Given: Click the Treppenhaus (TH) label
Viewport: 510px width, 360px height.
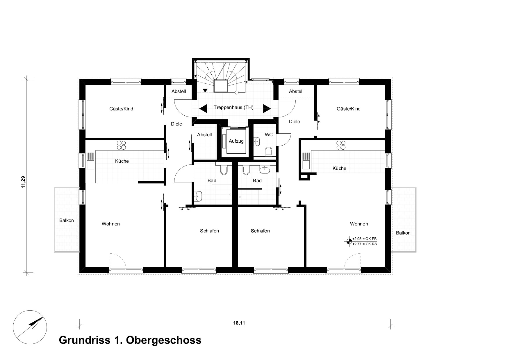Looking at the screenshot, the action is tap(233, 108).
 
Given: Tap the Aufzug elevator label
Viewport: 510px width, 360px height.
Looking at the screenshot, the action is tap(236, 141).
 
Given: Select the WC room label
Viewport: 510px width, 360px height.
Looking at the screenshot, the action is tap(269, 135).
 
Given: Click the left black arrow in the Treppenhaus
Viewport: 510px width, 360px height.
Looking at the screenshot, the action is tap(203, 109).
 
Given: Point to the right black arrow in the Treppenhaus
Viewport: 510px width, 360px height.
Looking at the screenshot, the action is tap(267, 109).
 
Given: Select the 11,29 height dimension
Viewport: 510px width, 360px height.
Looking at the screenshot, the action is tap(23, 182).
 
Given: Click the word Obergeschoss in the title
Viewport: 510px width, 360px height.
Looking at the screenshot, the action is tap(163, 340).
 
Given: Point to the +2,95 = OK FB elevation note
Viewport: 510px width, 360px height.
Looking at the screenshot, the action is tap(364, 239).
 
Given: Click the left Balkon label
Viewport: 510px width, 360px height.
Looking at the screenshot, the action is tap(67, 221).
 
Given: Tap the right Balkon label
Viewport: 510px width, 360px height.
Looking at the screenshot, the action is tap(403, 233).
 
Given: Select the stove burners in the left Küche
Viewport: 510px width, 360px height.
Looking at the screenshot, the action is tap(121, 145).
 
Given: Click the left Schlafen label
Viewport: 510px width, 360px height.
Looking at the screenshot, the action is tap(209, 231).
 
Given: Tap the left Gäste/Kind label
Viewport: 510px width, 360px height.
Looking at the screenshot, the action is tap(121, 109).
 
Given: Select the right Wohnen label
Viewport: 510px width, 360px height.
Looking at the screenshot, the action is tap(359, 224).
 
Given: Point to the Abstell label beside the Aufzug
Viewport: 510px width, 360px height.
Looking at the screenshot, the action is tap(204, 135).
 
